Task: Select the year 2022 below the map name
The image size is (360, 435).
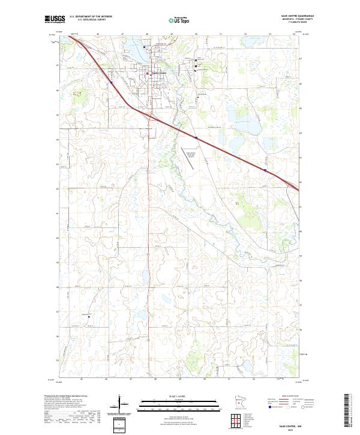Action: (x=293, y=428)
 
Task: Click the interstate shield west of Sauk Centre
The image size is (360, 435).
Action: (x=111, y=82)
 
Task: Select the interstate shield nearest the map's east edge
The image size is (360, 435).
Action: (x=265, y=170)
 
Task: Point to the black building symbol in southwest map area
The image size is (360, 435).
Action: (x=89, y=317)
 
